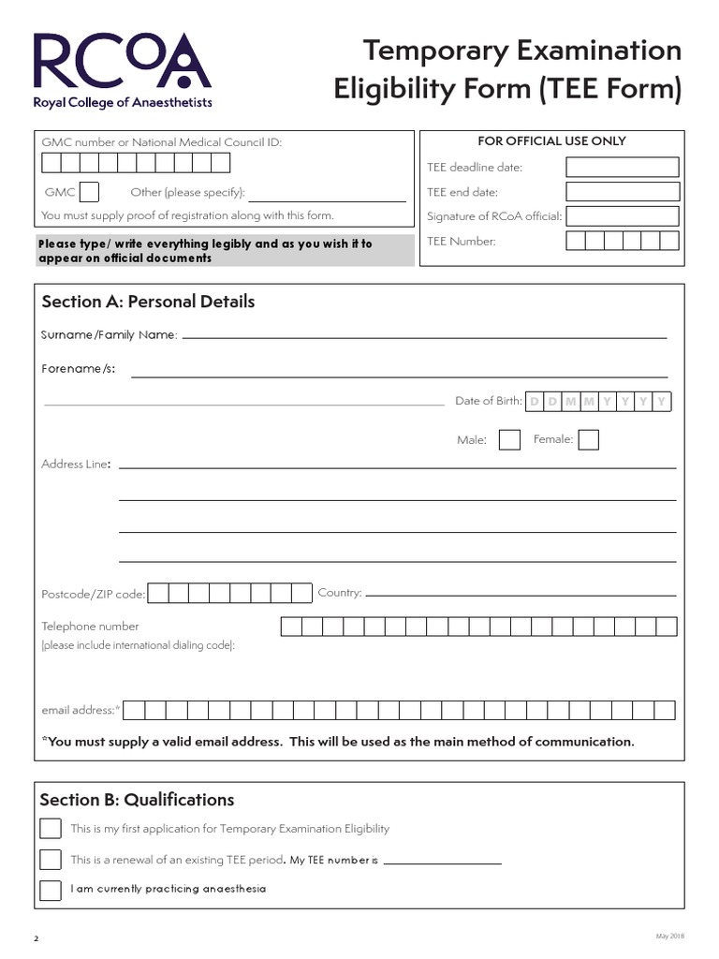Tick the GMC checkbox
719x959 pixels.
89,192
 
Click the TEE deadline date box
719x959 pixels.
622,168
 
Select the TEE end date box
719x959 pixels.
622,192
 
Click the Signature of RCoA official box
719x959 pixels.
622,216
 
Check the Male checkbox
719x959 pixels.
509,439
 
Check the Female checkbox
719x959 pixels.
588,439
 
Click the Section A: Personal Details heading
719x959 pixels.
148,302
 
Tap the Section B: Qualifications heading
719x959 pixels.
137,800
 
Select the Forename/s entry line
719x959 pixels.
399,374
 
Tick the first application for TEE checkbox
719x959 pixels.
51,829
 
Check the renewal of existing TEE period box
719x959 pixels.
51,860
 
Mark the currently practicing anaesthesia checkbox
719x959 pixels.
51,889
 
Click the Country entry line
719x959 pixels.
521,593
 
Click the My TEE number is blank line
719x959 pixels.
442,861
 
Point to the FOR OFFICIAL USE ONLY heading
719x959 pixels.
551,141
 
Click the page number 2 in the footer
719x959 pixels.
37,938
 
